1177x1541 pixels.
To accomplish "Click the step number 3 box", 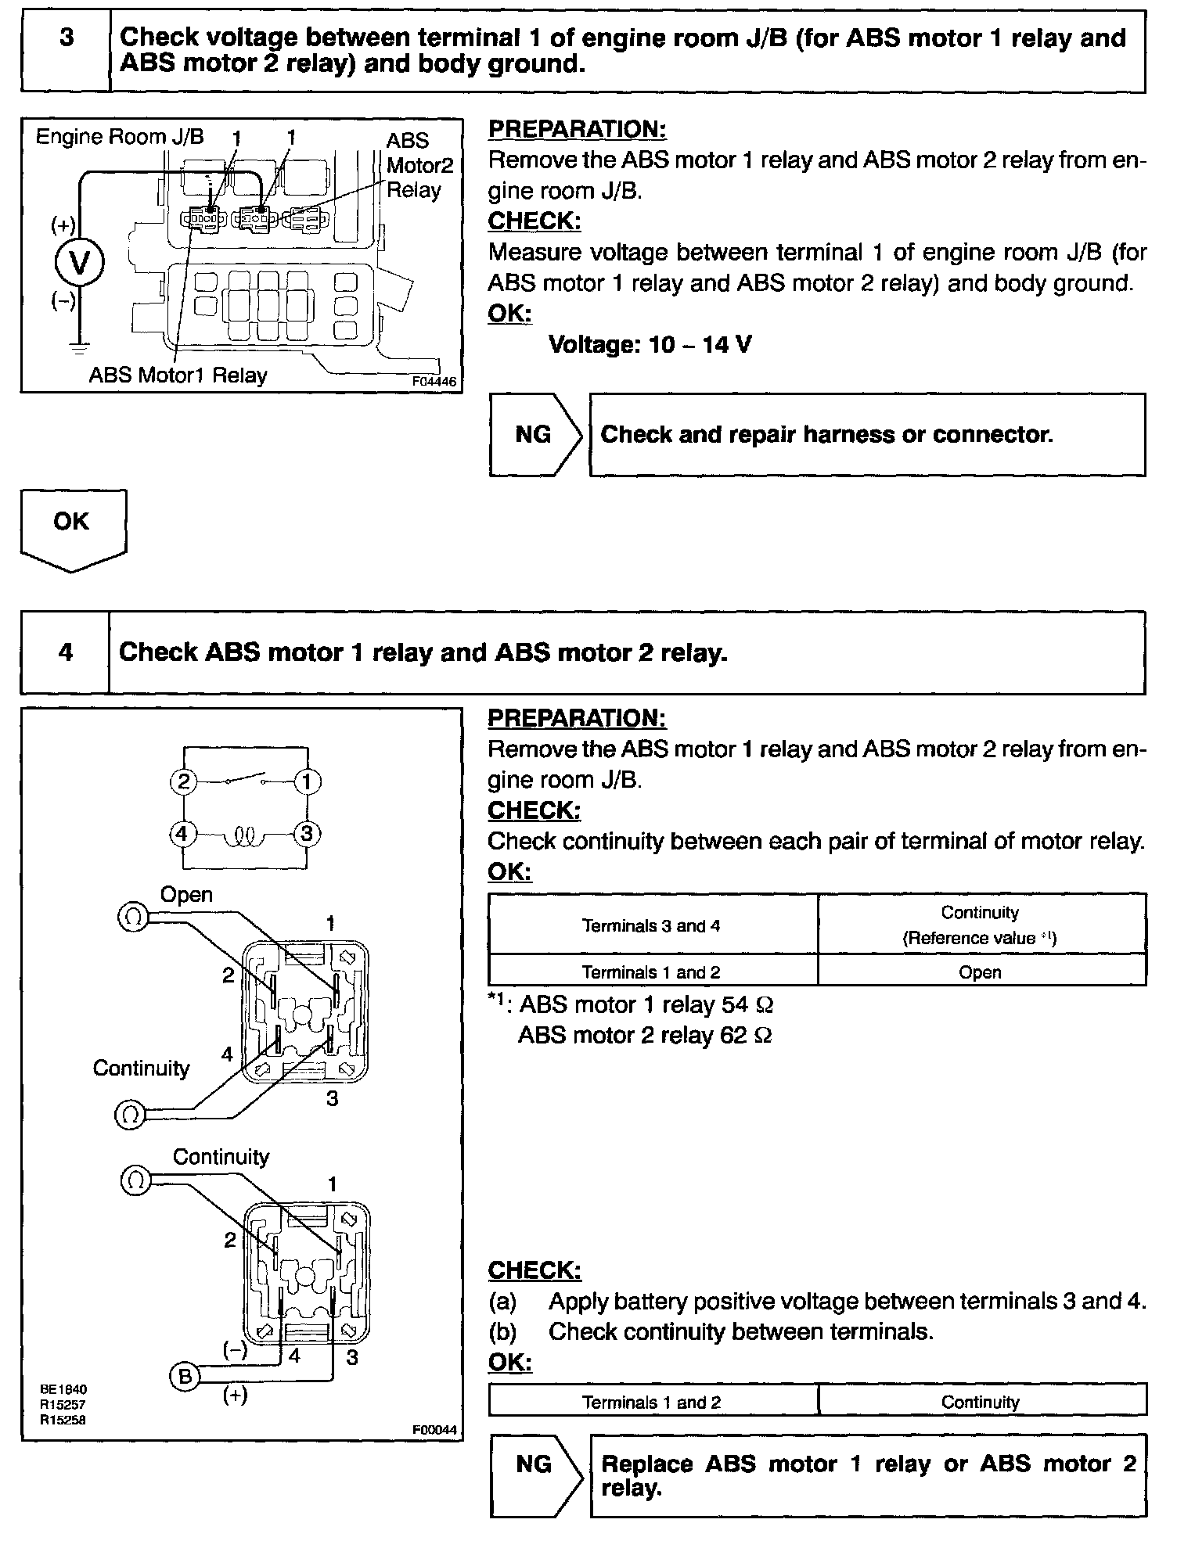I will coord(66,51).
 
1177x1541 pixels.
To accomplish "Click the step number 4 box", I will coord(66,652).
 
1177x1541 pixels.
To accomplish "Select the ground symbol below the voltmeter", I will coord(79,343).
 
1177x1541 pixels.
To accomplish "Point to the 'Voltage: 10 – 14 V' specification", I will coord(650,344).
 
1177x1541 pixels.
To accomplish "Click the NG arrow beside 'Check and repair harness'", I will coord(535,435).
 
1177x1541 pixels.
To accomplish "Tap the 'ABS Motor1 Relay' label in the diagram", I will coord(178,375).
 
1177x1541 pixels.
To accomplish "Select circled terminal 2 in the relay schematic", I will coord(183,781).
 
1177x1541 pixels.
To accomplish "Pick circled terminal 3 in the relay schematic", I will coord(307,834).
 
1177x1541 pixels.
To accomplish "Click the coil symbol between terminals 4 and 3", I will coord(245,837).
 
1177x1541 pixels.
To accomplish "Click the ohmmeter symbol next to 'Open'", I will coord(132,917).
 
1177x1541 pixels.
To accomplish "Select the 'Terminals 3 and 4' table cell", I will coord(651,926).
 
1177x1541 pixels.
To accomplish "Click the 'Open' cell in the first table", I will coord(980,972).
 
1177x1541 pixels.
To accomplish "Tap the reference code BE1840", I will coord(63,1389).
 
